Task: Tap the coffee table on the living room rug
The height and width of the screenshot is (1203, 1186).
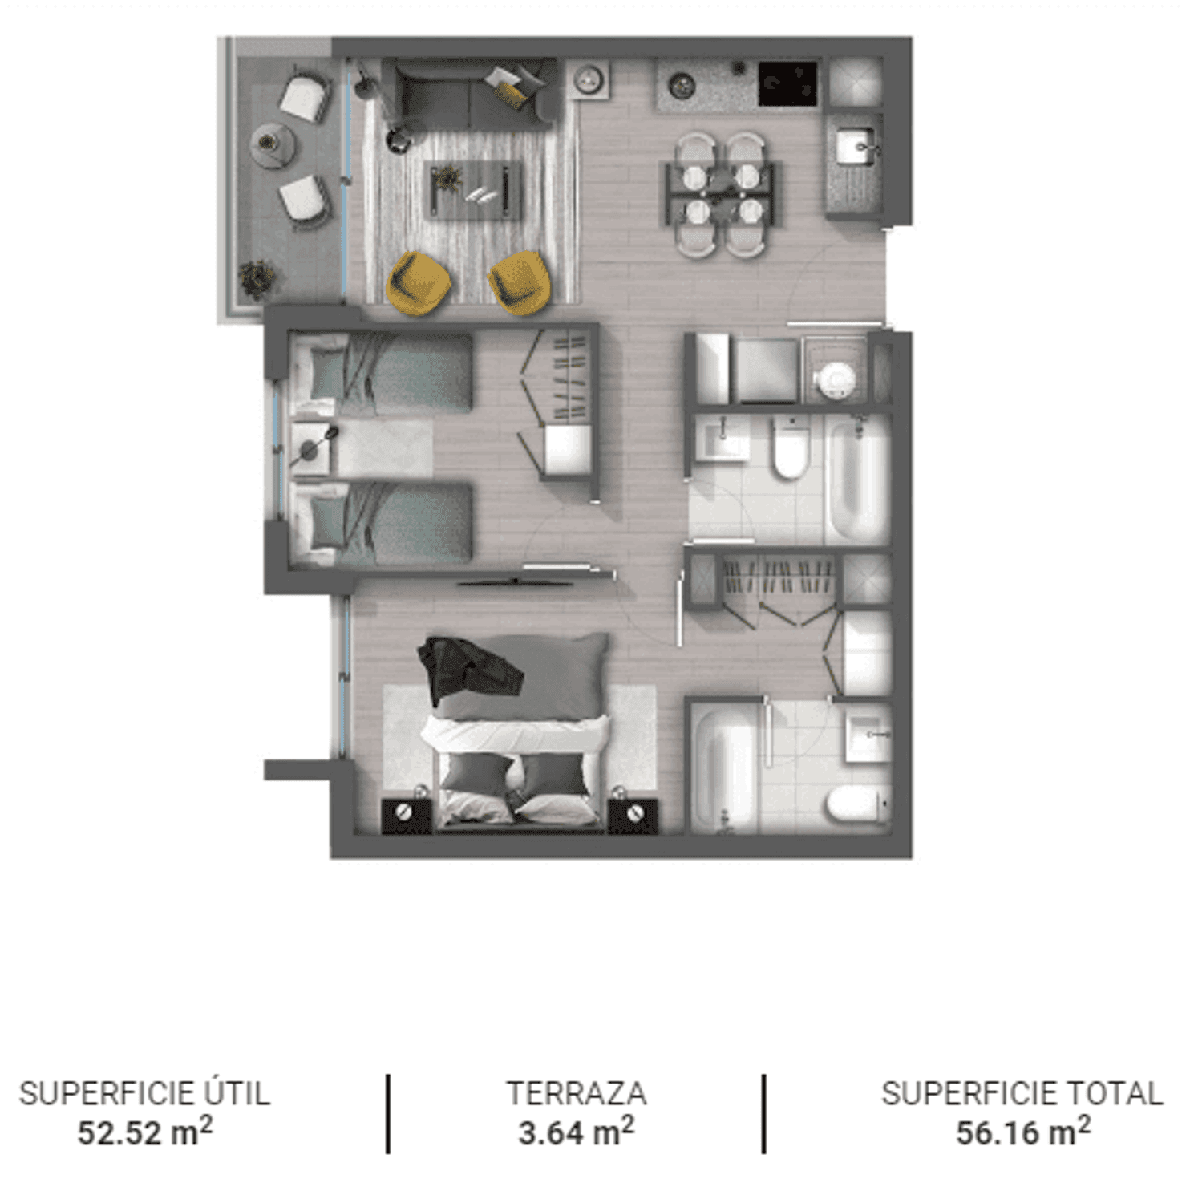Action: pyautogui.click(x=472, y=190)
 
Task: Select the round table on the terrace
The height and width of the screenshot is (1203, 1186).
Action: pyautogui.click(x=273, y=145)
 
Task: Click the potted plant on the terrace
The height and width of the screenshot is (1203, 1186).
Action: pyautogui.click(x=257, y=278)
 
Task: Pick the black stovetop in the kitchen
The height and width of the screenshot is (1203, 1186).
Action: pyautogui.click(x=787, y=84)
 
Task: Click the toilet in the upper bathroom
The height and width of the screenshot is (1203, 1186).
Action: pyautogui.click(x=790, y=449)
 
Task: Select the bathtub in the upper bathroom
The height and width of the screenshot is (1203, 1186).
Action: pyautogui.click(x=857, y=480)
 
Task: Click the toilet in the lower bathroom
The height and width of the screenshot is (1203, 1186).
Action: pyautogui.click(x=857, y=804)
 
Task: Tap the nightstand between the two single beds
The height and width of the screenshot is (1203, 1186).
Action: pyautogui.click(x=311, y=448)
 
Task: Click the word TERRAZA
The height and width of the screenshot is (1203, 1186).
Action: pyautogui.click(x=576, y=1093)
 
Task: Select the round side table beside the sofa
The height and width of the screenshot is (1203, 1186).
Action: pyautogui.click(x=398, y=140)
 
